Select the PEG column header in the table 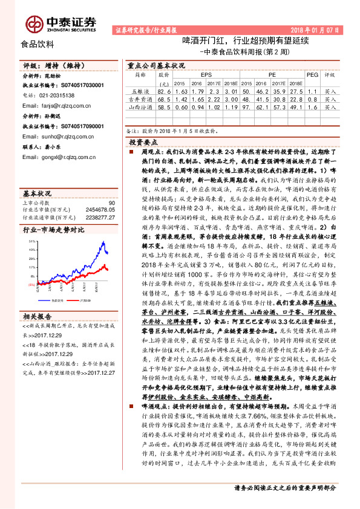(313, 75)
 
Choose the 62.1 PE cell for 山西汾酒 (263, 106)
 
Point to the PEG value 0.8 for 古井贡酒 (312, 98)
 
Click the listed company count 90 (111, 203)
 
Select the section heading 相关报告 (38, 316)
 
